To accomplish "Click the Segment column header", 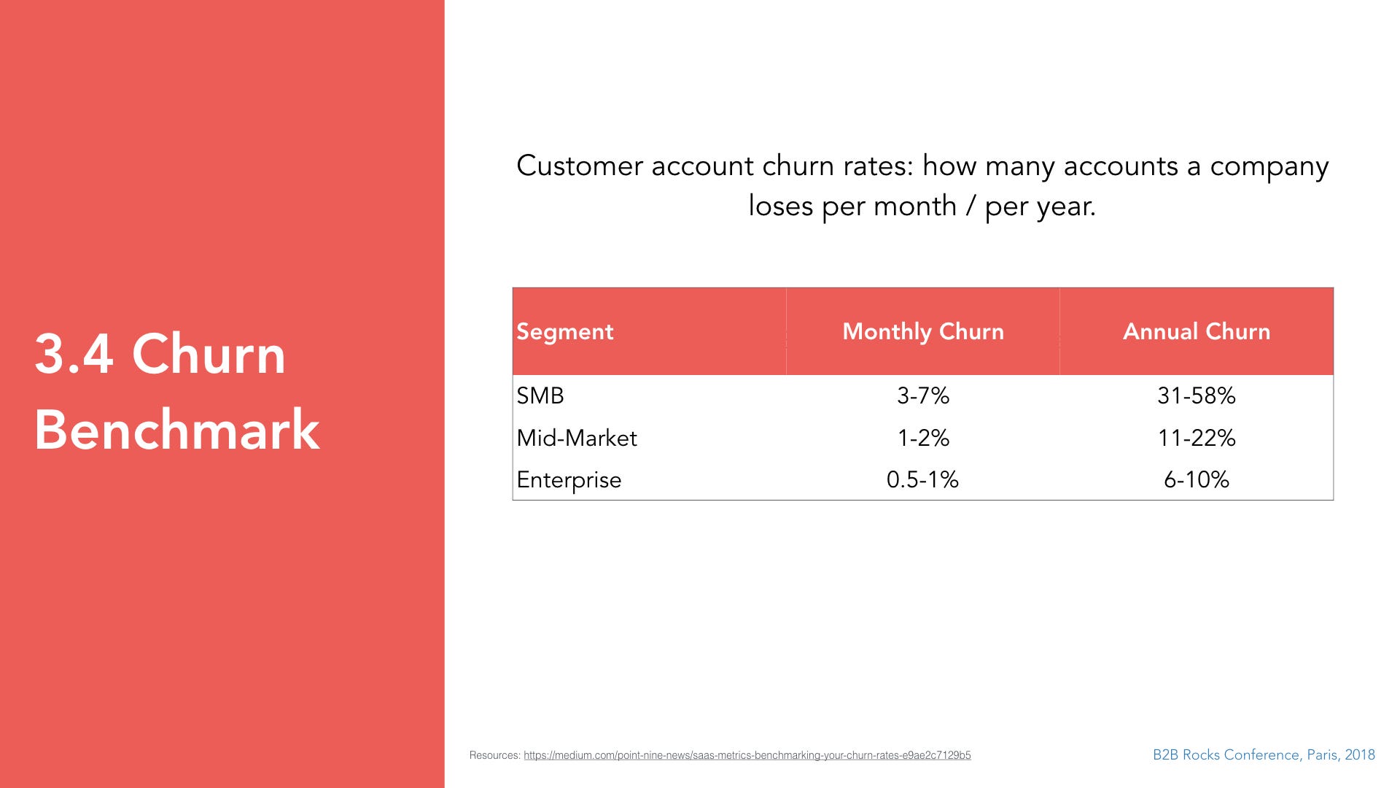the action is (x=564, y=332).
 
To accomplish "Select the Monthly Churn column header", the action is (x=923, y=332).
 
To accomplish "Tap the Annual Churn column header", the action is (x=1197, y=331).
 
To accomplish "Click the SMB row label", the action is (x=540, y=395).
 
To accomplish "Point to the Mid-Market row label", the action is (x=577, y=438).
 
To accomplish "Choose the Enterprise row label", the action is (x=569, y=480).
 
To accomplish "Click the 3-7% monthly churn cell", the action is (x=923, y=395).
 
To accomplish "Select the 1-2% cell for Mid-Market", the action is (x=923, y=438).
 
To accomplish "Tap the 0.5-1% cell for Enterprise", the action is (x=922, y=479).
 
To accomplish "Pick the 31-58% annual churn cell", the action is (x=1197, y=395).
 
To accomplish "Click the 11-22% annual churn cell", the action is (x=1197, y=438).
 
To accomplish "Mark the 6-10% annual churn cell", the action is (x=1197, y=479).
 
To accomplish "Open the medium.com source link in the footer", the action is (x=747, y=755).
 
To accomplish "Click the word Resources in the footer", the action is (x=494, y=755).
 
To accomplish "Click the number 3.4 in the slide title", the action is (x=74, y=355).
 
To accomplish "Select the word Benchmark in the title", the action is (x=176, y=430).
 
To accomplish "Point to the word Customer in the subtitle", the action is (x=580, y=166).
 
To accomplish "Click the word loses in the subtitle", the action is (x=781, y=206).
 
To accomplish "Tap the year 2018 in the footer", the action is (x=1360, y=755).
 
